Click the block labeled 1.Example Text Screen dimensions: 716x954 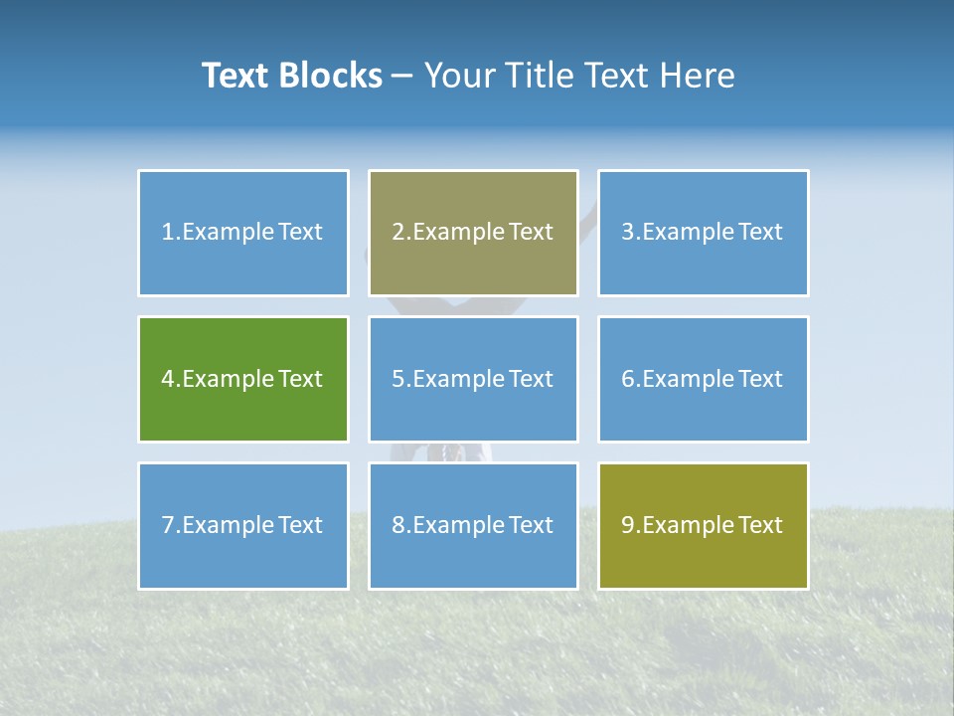(243, 233)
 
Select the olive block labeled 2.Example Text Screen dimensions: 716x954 (473, 233)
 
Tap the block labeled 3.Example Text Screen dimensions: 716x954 (703, 233)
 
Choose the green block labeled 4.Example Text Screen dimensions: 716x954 (243, 379)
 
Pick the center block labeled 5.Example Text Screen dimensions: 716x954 (473, 379)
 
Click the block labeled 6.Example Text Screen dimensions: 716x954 (703, 379)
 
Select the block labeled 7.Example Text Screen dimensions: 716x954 (243, 525)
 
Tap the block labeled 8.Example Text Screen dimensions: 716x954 (473, 525)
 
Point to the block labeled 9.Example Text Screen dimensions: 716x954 (703, 525)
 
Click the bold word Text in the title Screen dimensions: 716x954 (235, 76)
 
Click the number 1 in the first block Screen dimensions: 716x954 (167, 233)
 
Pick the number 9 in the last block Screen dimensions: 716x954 (627, 525)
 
